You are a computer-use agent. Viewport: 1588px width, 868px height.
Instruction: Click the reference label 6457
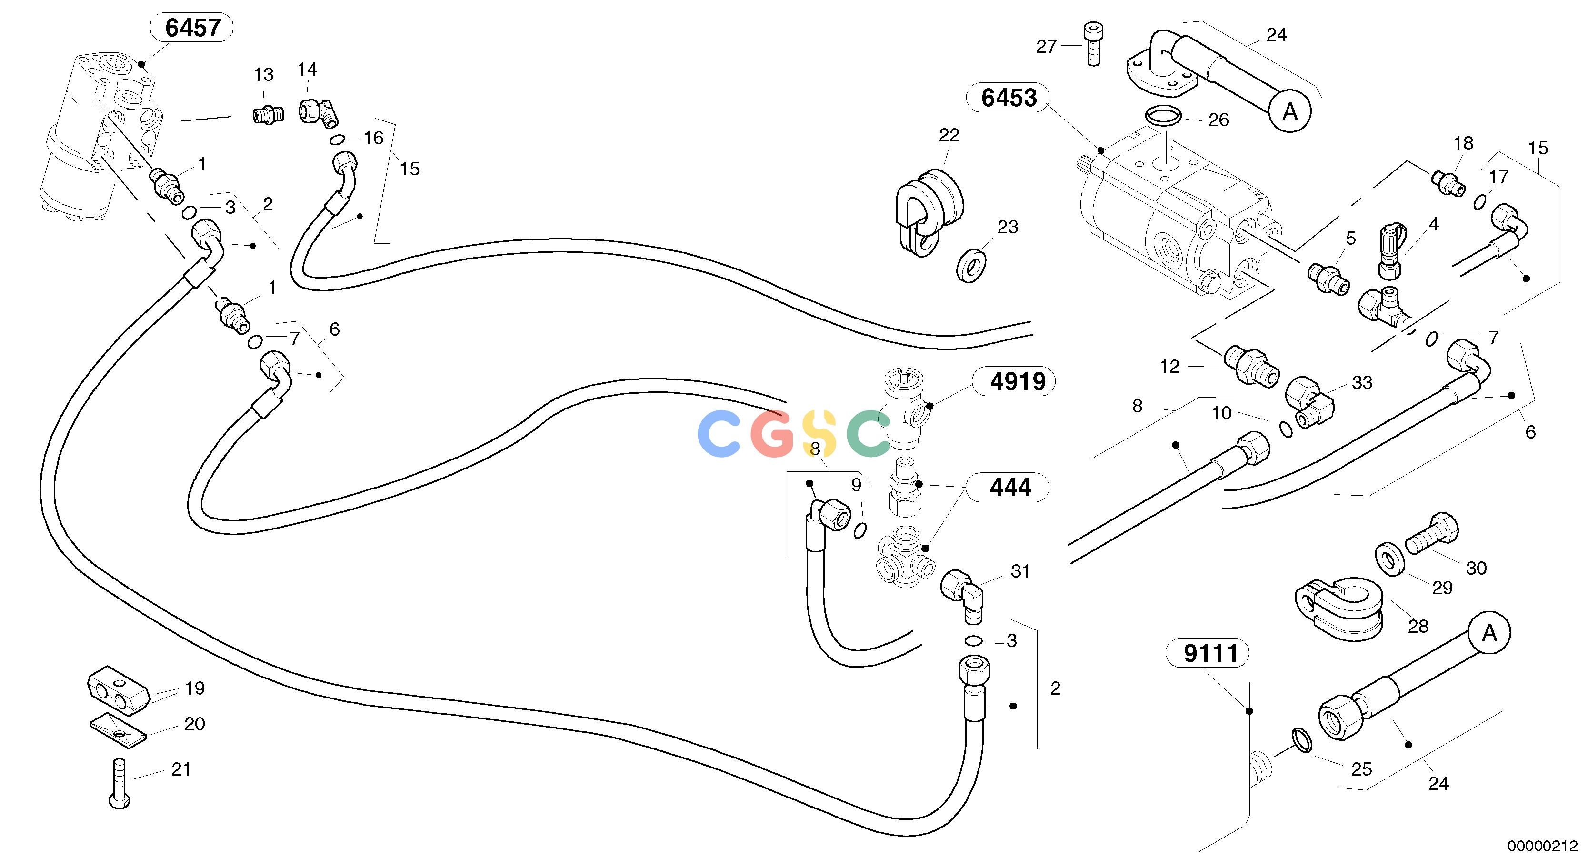(192, 28)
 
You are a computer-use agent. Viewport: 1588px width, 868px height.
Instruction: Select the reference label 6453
(1009, 98)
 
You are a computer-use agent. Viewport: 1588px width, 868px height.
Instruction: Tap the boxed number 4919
(1017, 381)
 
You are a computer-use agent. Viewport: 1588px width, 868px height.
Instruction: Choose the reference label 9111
(1210, 653)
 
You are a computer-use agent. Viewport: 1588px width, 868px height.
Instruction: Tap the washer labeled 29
(1390, 559)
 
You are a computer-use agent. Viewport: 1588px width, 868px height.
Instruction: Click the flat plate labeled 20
(118, 731)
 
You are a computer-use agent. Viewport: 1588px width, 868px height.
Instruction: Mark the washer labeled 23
(971, 263)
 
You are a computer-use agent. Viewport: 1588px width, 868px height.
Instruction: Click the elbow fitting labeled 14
(319, 111)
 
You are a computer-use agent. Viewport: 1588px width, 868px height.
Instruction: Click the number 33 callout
(1362, 382)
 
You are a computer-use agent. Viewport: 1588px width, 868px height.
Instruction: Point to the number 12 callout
(1169, 367)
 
